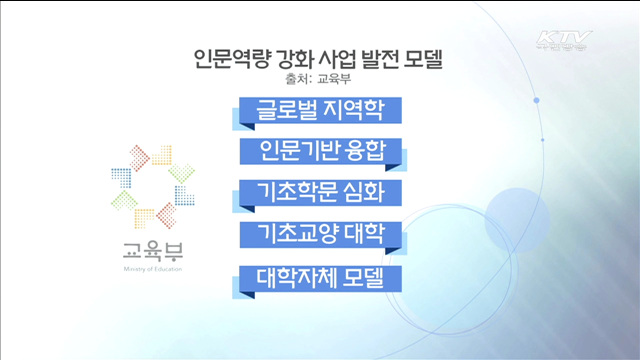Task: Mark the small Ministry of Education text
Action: pos(148,268)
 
